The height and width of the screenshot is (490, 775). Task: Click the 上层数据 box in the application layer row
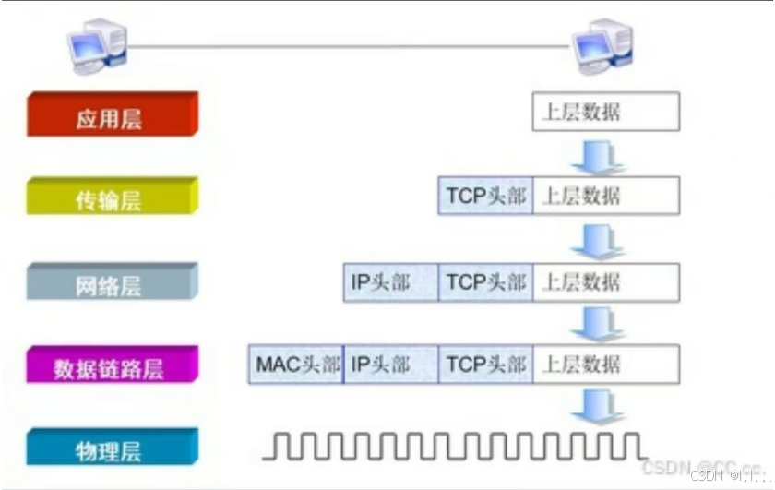(x=605, y=112)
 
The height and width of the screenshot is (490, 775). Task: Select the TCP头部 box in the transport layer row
(x=486, y=196)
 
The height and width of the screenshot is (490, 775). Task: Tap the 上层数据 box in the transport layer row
(x=605, y=196)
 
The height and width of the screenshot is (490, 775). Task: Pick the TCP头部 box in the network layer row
(x=486, y=281)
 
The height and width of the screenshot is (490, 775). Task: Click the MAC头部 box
(x=296, y=364)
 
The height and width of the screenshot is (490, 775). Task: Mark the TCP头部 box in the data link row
(x=486, y=364)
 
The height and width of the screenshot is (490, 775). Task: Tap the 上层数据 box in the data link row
(x=605, y=364)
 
